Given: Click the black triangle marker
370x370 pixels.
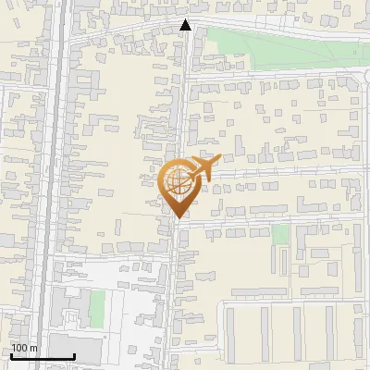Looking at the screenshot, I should pos(185,26).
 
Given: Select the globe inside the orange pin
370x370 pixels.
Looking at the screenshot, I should pos(177,181).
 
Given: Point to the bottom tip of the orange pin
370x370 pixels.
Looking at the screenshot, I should pos(177,218).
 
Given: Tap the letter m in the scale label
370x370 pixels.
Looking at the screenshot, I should pos(34,348).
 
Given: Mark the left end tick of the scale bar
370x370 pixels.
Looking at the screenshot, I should pos(11,355).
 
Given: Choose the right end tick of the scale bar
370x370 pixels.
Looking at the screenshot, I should pos(74,355).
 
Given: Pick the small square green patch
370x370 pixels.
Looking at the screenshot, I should pos(280,234).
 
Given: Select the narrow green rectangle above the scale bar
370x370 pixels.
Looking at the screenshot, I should pos(97,307).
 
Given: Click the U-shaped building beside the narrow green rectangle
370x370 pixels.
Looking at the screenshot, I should pos(69,310).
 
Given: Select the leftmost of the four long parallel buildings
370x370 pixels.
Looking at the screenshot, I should pos(231,333).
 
